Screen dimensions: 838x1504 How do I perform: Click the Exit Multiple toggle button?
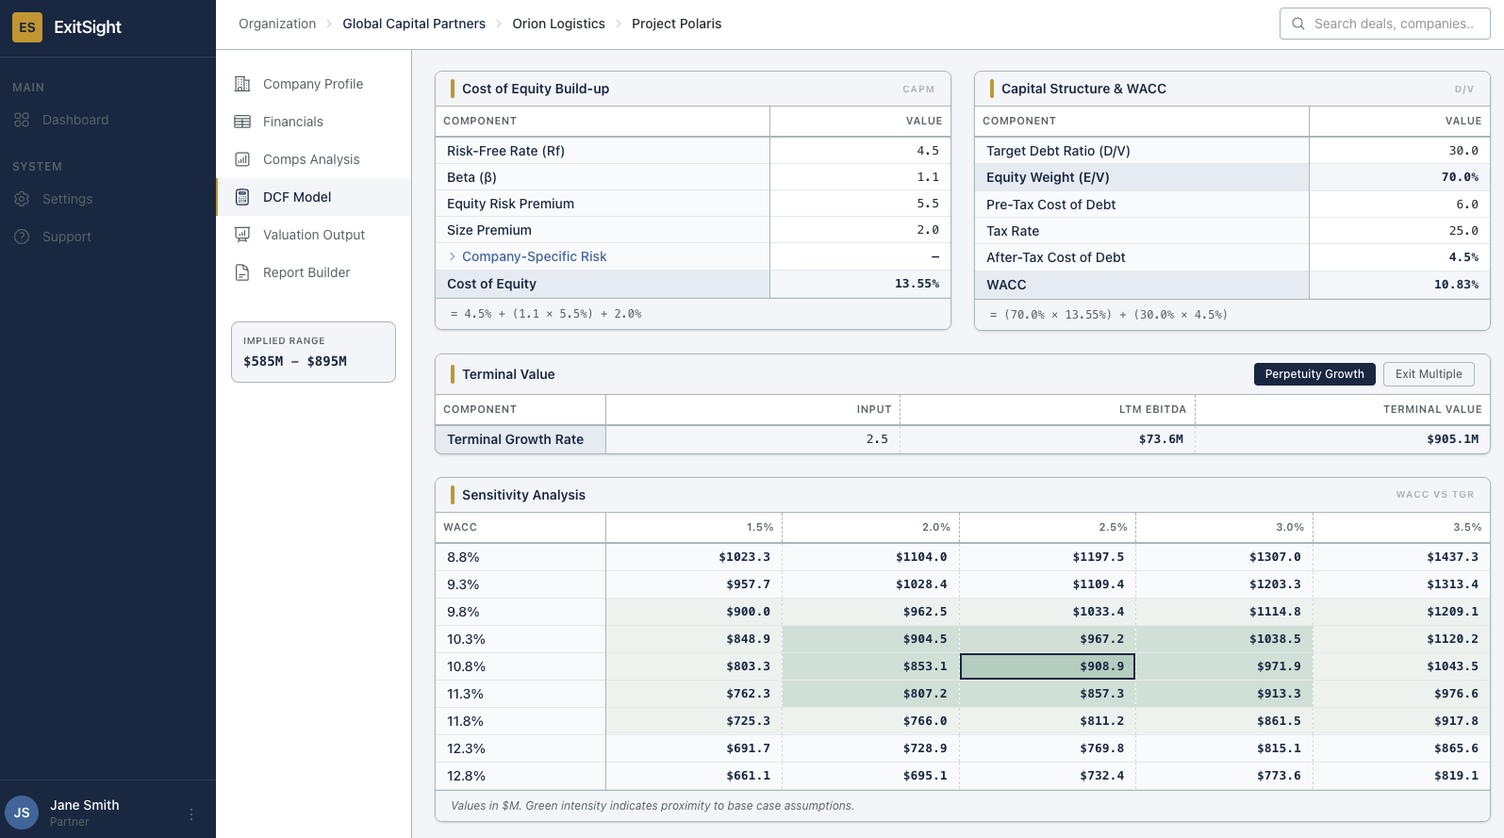tap(1429, 374)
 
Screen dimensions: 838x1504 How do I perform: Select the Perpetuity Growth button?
tap(1314, 374)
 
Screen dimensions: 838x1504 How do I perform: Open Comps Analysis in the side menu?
tap(311, 159)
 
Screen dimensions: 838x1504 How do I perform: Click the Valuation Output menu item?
tap(313, 235)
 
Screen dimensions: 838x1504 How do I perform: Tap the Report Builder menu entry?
tap(306, 272)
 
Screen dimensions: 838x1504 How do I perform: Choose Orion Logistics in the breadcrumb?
tap(558, 24)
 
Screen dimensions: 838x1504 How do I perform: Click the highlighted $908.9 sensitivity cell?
tap(1047, 666)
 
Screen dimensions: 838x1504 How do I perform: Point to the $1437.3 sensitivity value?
tap(1452, 557)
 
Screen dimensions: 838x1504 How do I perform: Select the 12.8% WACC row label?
tap(466, 776)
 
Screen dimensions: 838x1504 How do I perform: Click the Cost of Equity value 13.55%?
tap(917, 284)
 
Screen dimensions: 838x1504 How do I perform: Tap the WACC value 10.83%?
tap(1456, 285)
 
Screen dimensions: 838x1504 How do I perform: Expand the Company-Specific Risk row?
tap(453, 256)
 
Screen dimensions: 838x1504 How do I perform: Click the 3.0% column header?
tap(1289, 527)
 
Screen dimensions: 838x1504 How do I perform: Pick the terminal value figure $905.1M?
tap(1452, 439)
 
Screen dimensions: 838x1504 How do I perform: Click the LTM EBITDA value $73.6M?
tap(1160, 439)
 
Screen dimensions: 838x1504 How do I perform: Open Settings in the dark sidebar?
tap(67, 199)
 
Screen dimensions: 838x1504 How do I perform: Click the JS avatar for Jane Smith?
tap(22, 813)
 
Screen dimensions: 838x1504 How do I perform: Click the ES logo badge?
tap(27, 27)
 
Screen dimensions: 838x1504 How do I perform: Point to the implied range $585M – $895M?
tap(295, 361)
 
